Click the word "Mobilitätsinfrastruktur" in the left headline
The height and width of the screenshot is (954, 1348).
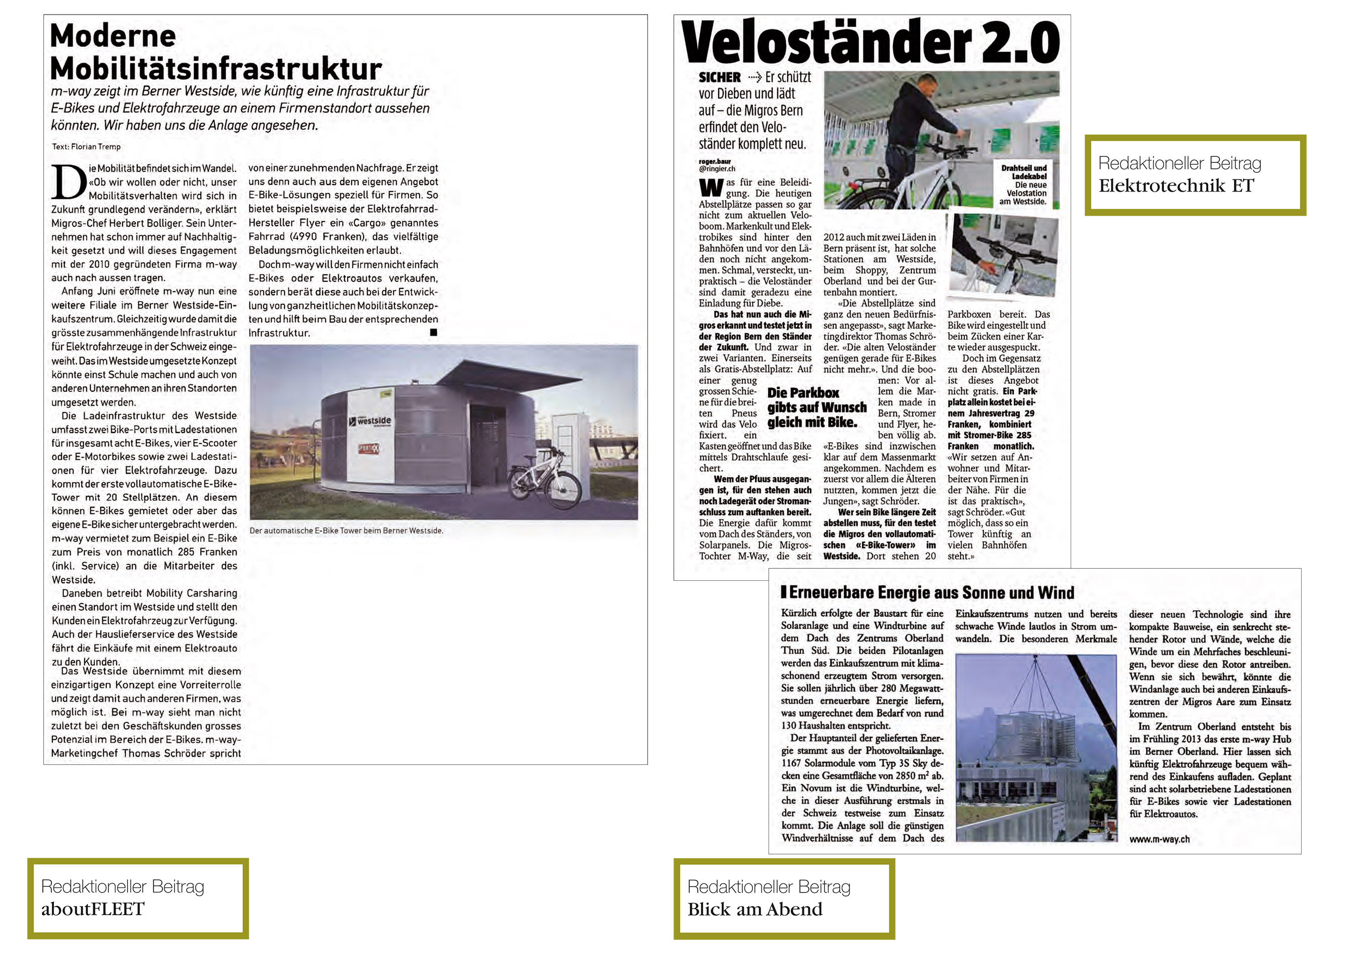click(x=216, y=69)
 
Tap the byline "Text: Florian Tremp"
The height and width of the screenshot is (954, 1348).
click(x=86, y=147)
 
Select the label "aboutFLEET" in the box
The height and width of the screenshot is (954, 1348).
click(x=92, y=909)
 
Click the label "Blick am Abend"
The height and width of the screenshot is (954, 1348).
click(x=755, y=909)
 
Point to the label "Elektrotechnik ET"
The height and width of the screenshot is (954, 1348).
click(x=1176, y=186)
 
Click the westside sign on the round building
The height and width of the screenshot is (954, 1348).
click(x=374, y=421)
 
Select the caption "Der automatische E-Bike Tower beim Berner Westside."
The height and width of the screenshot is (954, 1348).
click(x=346, y=530)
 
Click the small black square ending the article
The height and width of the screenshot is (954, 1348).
click(x=434, y=332)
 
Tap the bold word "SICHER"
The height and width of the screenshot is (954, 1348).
click(x=720, y=78)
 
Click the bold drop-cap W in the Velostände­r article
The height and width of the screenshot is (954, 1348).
click(x=711, y=188)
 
